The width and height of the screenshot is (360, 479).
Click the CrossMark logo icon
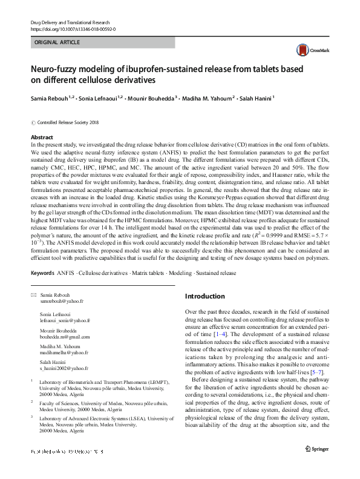tap(301, 49)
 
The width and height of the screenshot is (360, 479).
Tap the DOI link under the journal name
tap(73, 28)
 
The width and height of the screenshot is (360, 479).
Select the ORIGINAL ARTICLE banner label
tap(57, 43)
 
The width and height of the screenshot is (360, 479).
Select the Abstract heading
tap(42, 137)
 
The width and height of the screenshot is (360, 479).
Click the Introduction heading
tap(205, 297)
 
